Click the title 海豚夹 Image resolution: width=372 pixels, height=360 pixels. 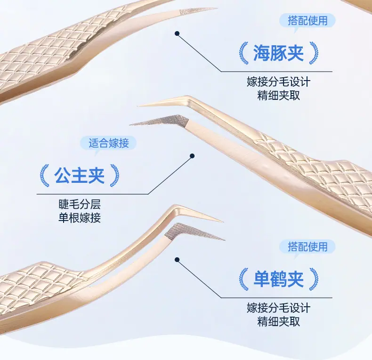(x=278, y=53)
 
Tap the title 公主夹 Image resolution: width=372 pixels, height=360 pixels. (x=80, y=175)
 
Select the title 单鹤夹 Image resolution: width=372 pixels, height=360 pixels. (x=278, y=279)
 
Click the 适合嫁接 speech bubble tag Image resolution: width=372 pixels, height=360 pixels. (x=108, y=143)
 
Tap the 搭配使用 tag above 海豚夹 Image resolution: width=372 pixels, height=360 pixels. (x=307, y=21)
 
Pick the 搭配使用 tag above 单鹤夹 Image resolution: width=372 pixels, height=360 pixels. (x=307, y=247)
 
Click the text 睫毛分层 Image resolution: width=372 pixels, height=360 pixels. (x=80, y=204)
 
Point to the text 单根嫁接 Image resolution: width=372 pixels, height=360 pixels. (x=80, y=218)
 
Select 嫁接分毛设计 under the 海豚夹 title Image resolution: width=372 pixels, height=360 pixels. (x=278, y=82)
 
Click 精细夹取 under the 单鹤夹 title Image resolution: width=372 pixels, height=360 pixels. (x=278, y=321)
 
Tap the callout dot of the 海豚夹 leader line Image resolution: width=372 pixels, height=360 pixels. (x=177, y=33)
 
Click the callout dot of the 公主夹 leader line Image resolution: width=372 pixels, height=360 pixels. (x=192, y=156)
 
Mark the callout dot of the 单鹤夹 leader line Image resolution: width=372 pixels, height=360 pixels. (x=177, y=260)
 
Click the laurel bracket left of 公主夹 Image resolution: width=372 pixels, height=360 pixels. (x=44, y=175)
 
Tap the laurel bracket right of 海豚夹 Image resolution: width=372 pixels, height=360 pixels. (x=314, y=53)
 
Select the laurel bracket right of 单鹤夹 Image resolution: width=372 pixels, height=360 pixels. (x=314, y=279)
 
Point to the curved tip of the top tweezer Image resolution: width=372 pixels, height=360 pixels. (x=216, y=8)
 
